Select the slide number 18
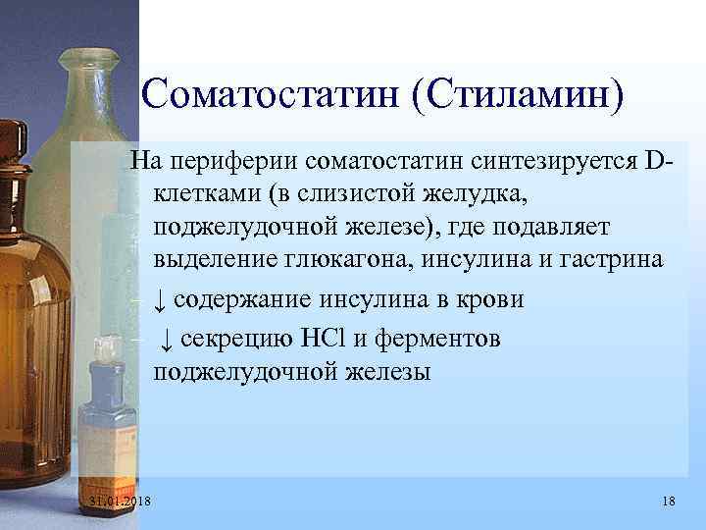[x=669, y=503]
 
